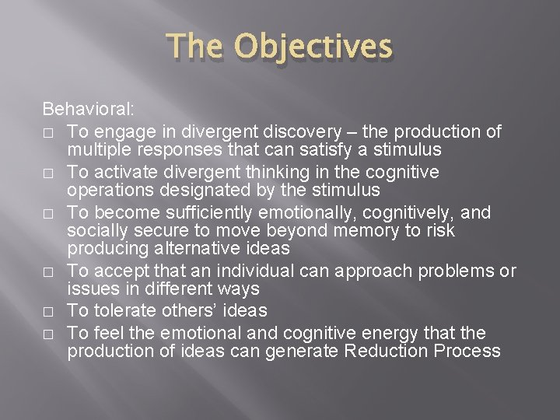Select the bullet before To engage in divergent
tap(48, 131)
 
